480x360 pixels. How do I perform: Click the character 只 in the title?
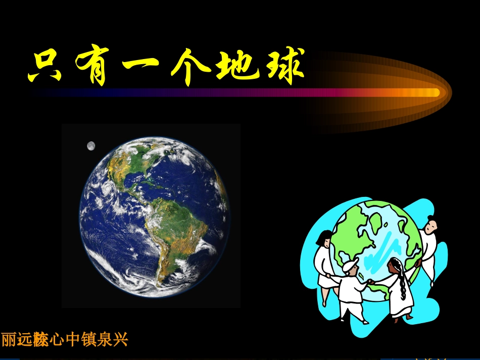[x=44, y=68]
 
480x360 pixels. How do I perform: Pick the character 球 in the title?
[x=281, y=68]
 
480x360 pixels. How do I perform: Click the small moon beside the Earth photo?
[x=91, y=146]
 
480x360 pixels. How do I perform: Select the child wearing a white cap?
[x=352, y=283]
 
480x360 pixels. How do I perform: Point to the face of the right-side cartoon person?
[x=429, y=227]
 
